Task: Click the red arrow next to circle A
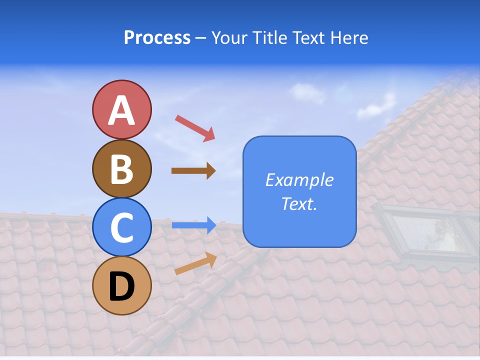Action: tap(194, 127)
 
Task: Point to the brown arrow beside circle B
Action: tap(193, 171)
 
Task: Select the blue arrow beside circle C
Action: tap(193, 225)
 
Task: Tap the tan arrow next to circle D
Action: tap(195, 264)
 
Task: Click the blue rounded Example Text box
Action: tap(299, 191)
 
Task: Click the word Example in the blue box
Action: tap(299, 180)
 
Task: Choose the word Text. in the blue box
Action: tap(299, 203)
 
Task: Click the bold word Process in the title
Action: tap(157, 38)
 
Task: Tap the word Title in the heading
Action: tap(269, 38)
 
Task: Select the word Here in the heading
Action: tap(348, 38)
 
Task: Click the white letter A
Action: tap(121, 111)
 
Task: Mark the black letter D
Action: tap(121, 286)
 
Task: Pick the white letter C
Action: tap(121, 228)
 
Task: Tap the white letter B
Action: tap(121, 169)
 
